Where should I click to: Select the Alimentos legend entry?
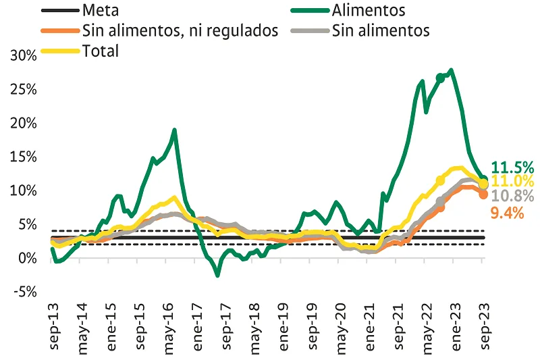click(x=368, y=10)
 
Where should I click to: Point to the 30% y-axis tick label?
click(x=24, y=56)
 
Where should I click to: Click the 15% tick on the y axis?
click(x=24, y=157)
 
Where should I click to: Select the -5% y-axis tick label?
click(x=24, y=292)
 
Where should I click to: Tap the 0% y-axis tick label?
click(x=27, y=259)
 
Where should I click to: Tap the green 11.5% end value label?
click(x=513, y=168)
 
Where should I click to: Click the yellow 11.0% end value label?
click(x=513, y=181)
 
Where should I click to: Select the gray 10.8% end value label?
click(x=513, y=196)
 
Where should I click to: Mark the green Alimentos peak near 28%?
click(x=450, y=70)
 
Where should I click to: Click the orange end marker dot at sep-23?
click(x=483, y=194)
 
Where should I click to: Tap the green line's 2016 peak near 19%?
click(x=175, y=130)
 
